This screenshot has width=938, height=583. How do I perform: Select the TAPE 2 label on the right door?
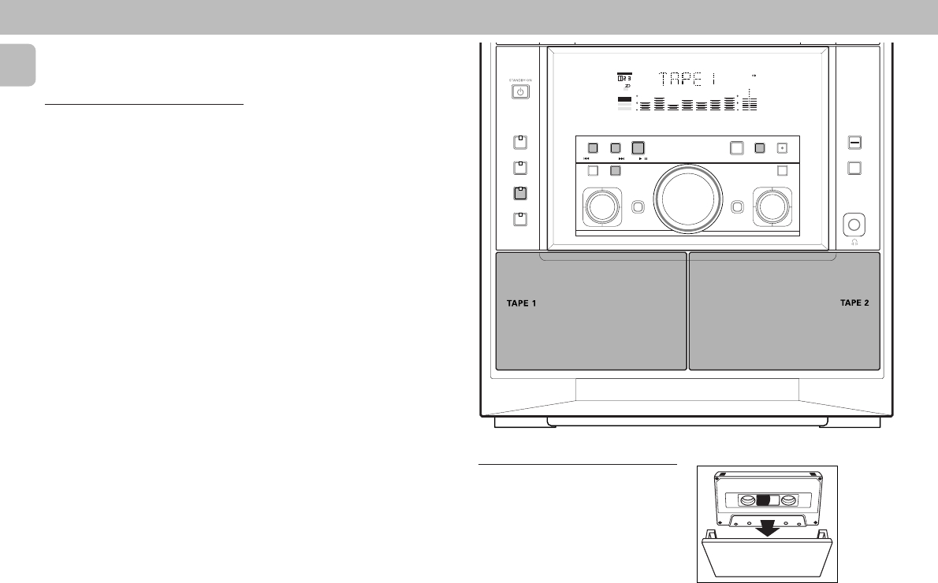854,303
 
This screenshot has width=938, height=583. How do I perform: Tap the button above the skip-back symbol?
593,147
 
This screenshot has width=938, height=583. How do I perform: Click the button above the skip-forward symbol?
616,147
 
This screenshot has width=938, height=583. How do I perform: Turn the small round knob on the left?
601,206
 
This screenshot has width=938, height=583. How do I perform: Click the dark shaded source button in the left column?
519,192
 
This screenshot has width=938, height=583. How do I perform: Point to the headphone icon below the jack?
853,243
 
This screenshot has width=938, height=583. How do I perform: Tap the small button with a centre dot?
782,147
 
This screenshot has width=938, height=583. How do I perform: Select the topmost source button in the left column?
519,143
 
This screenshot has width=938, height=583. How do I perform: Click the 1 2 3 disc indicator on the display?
623,79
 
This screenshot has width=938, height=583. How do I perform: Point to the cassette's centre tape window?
767,499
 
